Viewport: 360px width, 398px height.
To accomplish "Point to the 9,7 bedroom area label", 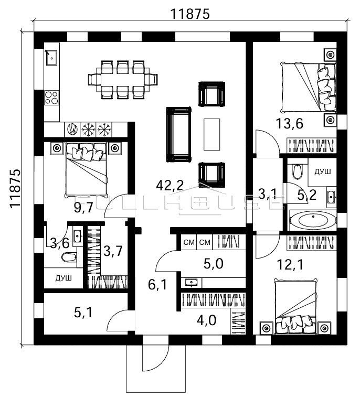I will coord(83,208).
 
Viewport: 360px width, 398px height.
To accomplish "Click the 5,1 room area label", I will coord(83,313).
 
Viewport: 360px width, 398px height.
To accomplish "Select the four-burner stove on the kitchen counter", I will coord(51,97).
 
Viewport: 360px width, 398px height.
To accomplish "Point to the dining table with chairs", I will coord(123,79).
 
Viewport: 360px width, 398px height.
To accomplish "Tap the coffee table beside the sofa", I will coord(213,134).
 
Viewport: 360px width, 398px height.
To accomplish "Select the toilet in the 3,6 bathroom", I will coord(68,257).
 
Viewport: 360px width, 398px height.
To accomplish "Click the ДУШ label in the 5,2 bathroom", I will coord(322,171).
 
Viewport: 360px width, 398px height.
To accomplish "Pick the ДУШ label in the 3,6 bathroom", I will coord(64,278).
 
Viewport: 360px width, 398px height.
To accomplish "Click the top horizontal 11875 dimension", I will coord(190,14).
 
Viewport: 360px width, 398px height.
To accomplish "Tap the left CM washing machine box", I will coord(189,242).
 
